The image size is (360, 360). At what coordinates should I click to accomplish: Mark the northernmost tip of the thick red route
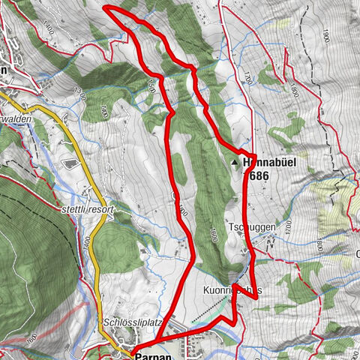[x=106, y=7]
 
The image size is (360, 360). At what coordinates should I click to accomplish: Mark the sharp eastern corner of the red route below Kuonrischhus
[x=257, y=298]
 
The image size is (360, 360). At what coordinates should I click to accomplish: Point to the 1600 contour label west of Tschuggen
[x=216, y=233]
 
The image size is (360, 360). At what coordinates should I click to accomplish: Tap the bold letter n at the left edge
[x=4, y=69]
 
